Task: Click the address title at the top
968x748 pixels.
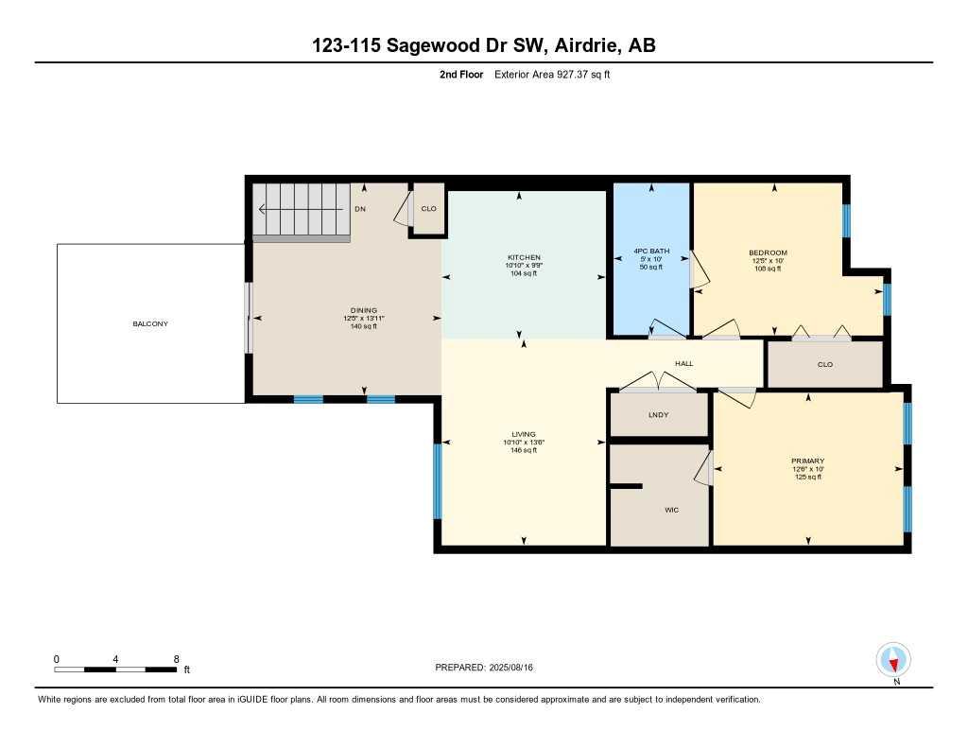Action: point(483,45)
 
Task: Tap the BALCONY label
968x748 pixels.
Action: point(150,324)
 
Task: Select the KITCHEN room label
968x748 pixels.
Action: point(524,257)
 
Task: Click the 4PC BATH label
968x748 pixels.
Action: point(651,252)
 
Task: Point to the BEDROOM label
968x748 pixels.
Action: point(768,252)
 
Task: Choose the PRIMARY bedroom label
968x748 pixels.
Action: point(807,461)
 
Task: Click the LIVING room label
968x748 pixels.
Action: point(523,435)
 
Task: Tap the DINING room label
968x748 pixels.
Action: point(364,310)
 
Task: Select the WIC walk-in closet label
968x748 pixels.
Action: point(671,510)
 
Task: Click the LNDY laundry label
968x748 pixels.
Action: point(659,414)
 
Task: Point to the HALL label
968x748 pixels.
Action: point(684,363)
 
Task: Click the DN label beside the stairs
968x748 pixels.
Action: point(359,209)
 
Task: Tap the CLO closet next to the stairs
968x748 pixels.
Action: point(428,209)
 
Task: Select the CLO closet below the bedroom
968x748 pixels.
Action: point(824,364)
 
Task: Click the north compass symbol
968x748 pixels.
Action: point(893,659)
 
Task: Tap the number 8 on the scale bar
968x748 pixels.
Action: point(177,658)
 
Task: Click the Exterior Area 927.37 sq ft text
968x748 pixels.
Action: point(552,74)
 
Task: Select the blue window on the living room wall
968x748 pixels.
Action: point(437,480)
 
